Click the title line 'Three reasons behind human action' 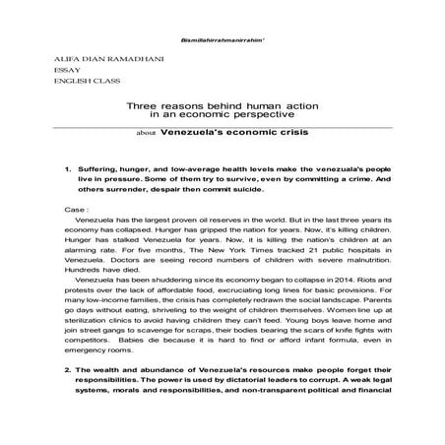[x=223, y=106]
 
